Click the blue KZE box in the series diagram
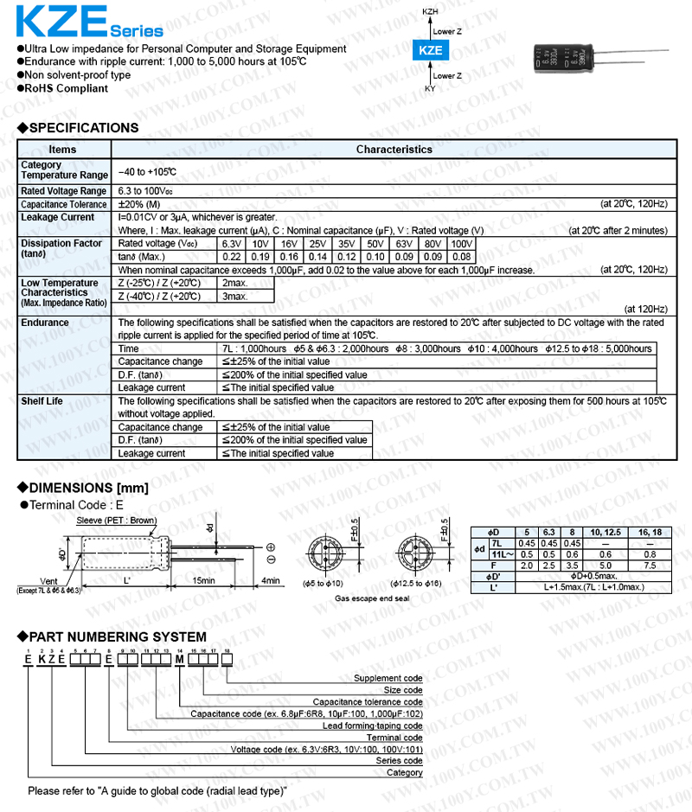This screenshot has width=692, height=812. [x=430, y=51]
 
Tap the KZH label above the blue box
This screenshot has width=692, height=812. [x=430, y=11]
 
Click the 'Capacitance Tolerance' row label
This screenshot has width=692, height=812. [x=64, y=204]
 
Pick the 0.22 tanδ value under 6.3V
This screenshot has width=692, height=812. [x=232, y=257]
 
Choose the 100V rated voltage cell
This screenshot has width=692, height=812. [x=462, y=244]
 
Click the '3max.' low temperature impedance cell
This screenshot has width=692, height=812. [x=235, y=297]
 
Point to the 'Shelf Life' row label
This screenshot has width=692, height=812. [x=42, y=401]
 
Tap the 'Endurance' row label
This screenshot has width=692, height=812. [x=45, y=323]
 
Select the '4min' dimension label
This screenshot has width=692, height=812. [x=270, y=581]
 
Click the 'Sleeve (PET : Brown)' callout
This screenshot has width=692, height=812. [x=117, y=521]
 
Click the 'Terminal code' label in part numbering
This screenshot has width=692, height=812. [x=394, y=738]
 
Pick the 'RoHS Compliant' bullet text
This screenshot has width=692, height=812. [x=67, y=88]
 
